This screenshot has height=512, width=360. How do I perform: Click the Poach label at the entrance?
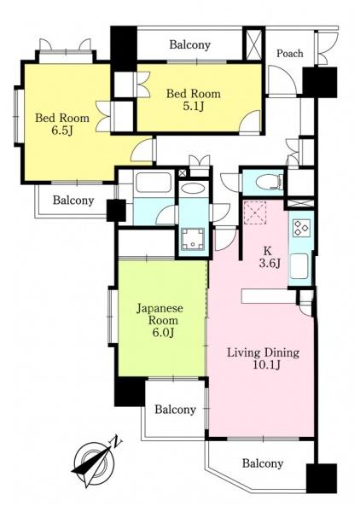pos(289,53)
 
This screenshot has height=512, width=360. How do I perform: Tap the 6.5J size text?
pos(61,131)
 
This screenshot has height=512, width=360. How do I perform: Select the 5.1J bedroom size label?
pos(193,107)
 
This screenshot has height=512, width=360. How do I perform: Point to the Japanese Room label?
pos(160,314)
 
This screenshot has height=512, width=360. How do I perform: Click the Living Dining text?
pos(263,353)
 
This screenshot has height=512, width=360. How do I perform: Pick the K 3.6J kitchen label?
pos(270,257)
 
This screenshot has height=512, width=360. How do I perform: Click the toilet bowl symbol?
pos(269,182)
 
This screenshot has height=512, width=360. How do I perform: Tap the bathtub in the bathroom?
pos(154,183)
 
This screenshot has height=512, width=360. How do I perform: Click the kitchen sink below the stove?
pos(299,266)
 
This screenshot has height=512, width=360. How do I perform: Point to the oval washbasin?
pos(193,189)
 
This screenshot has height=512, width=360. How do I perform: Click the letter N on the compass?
pos(117,443)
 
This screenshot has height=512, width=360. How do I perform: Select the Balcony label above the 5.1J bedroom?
pos(189,44)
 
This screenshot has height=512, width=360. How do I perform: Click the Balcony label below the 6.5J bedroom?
pos(73,200)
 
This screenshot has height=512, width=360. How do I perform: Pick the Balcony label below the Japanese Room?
pos(175,409)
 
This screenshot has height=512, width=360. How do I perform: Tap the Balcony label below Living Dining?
pos(263,463)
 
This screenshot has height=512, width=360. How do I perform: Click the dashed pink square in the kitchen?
pos(255,212)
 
